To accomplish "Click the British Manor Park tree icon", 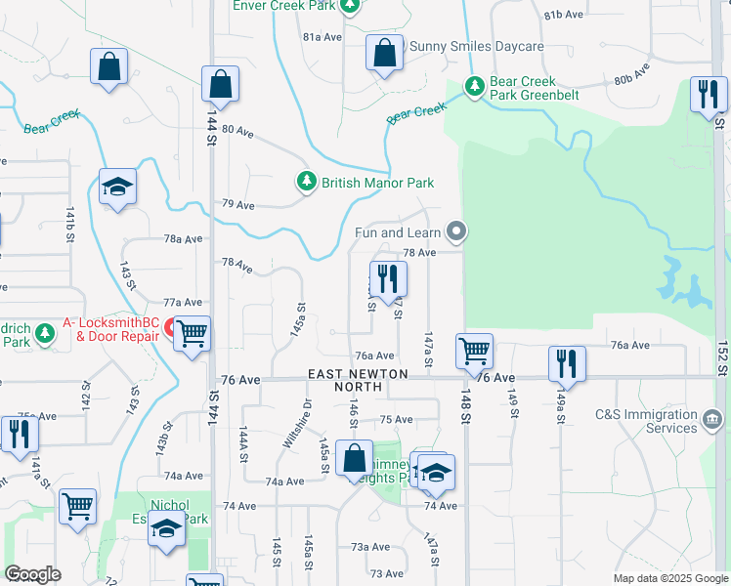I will click(x=307, y=183).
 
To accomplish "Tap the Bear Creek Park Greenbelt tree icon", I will click(x=475, y=87).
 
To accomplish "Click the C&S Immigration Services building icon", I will click(x=712, y=421).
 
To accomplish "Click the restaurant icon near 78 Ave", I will click(x=388, y=279).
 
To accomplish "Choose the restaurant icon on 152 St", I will click(x=709, y=95).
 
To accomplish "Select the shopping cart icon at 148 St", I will click(x=474, y=350).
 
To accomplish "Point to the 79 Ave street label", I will click(x=238, y=205).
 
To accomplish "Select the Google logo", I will click(x=33, y=574).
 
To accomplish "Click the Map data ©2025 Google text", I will click(x=670, y=578).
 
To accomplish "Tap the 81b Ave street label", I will click(x=565, y=15).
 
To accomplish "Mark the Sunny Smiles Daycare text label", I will click(x=476, y=46).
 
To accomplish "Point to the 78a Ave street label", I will click(x=183, y=238).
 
